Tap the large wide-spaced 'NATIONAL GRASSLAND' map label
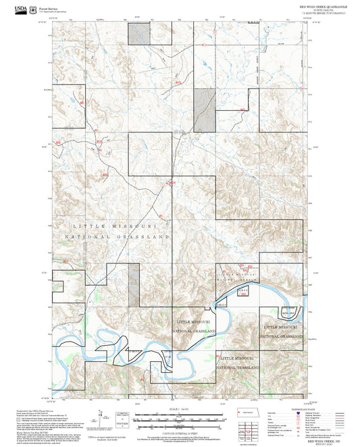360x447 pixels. pos(116,238)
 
